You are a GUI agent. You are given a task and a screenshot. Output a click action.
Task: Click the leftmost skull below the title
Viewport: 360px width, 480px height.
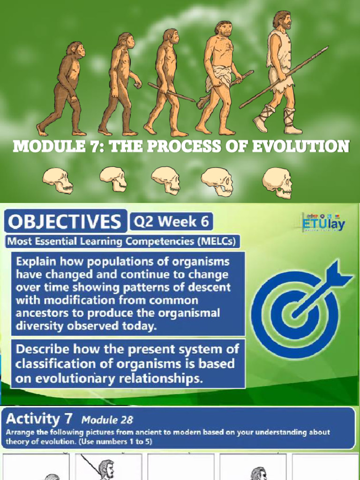click(58, 180)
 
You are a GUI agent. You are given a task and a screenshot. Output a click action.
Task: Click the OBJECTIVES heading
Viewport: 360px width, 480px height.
click(65, 221)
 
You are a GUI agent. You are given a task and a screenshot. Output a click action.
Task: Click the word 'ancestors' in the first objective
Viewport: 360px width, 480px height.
click(40, 313)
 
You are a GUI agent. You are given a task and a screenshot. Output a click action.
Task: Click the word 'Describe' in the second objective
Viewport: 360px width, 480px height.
click(42, 349)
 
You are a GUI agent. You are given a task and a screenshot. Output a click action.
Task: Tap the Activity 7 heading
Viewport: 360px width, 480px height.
click(40, 419)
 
